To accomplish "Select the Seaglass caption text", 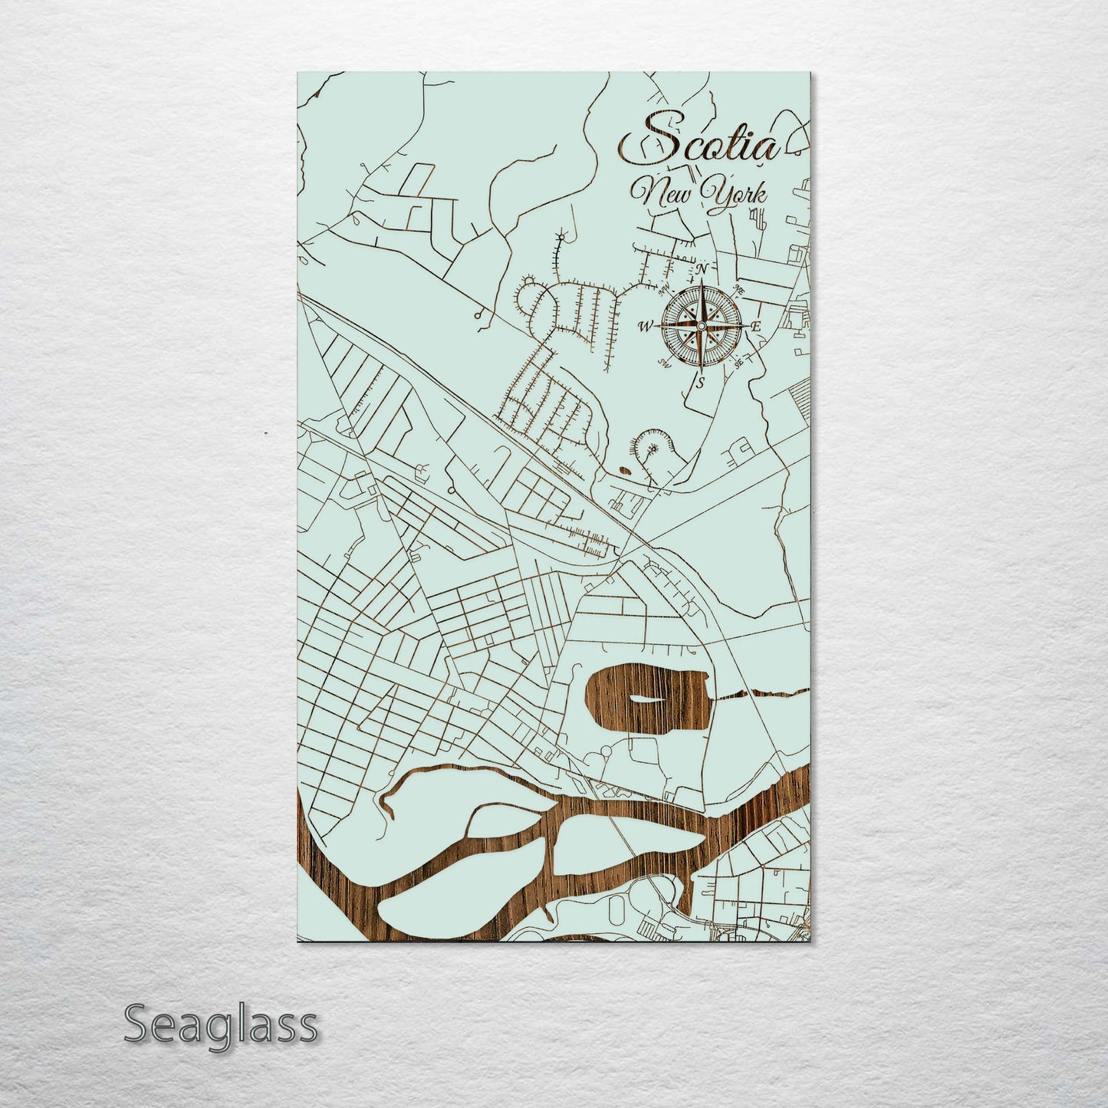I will point(220,1024).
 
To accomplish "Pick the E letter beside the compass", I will point(757,327).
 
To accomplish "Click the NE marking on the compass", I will point(740,288).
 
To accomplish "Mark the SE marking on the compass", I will point(739,364).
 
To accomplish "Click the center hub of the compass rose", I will point(700,326).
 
